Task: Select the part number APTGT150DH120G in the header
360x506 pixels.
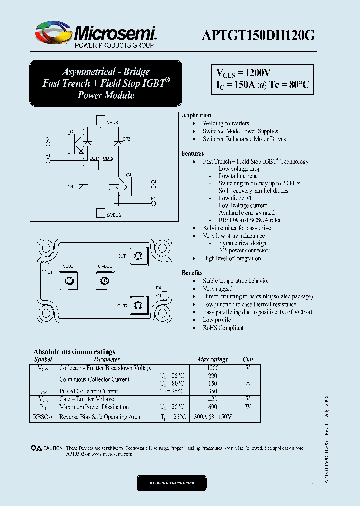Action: point(258,35)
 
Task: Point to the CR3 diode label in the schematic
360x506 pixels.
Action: point(126,139)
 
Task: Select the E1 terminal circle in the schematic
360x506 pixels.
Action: point(48,161)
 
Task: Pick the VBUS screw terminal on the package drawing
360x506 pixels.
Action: point(68,281)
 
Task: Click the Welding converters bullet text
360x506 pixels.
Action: point(226,123)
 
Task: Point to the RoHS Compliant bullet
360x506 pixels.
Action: point(223,328)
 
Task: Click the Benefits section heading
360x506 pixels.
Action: point(192,273)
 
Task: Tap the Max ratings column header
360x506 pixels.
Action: point(212,359)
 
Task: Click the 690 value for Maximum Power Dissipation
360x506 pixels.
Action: point(212,407)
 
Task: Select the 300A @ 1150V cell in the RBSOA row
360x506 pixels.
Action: point(212,417)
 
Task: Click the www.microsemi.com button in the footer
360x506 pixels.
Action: point(172,482)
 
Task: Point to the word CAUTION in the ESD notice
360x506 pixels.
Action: point(53,448)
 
